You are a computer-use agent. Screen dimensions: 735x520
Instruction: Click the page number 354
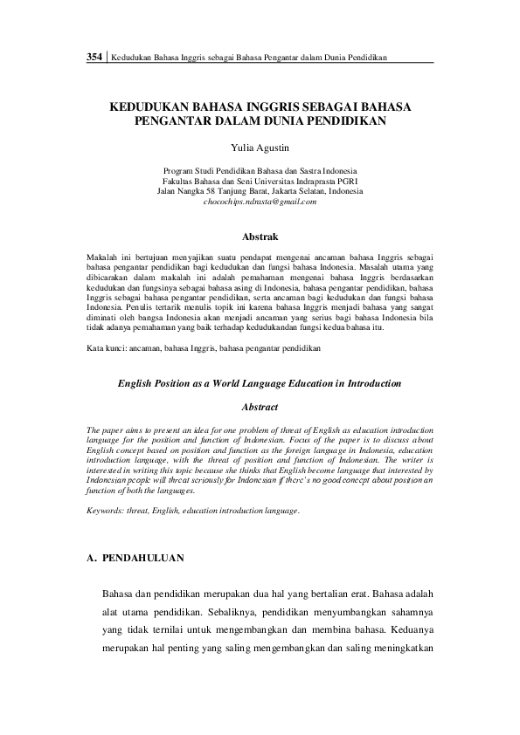94,57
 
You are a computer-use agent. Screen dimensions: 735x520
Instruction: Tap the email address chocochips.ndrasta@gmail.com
260,201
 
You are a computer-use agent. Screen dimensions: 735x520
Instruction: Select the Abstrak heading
260,237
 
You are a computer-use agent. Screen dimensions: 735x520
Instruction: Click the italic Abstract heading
260,407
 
